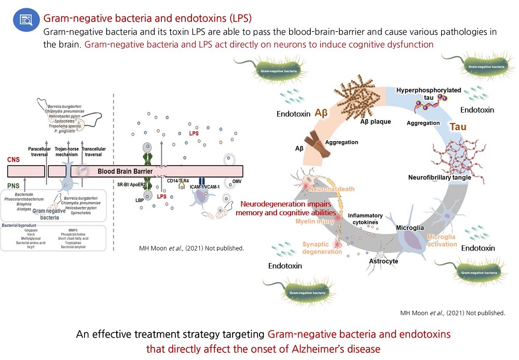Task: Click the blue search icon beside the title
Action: (26, 20)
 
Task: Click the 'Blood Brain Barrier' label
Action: (126, 171)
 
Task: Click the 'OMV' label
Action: (236, 181)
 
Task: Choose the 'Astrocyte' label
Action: (383, 261)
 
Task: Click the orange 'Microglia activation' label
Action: (442, 241)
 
